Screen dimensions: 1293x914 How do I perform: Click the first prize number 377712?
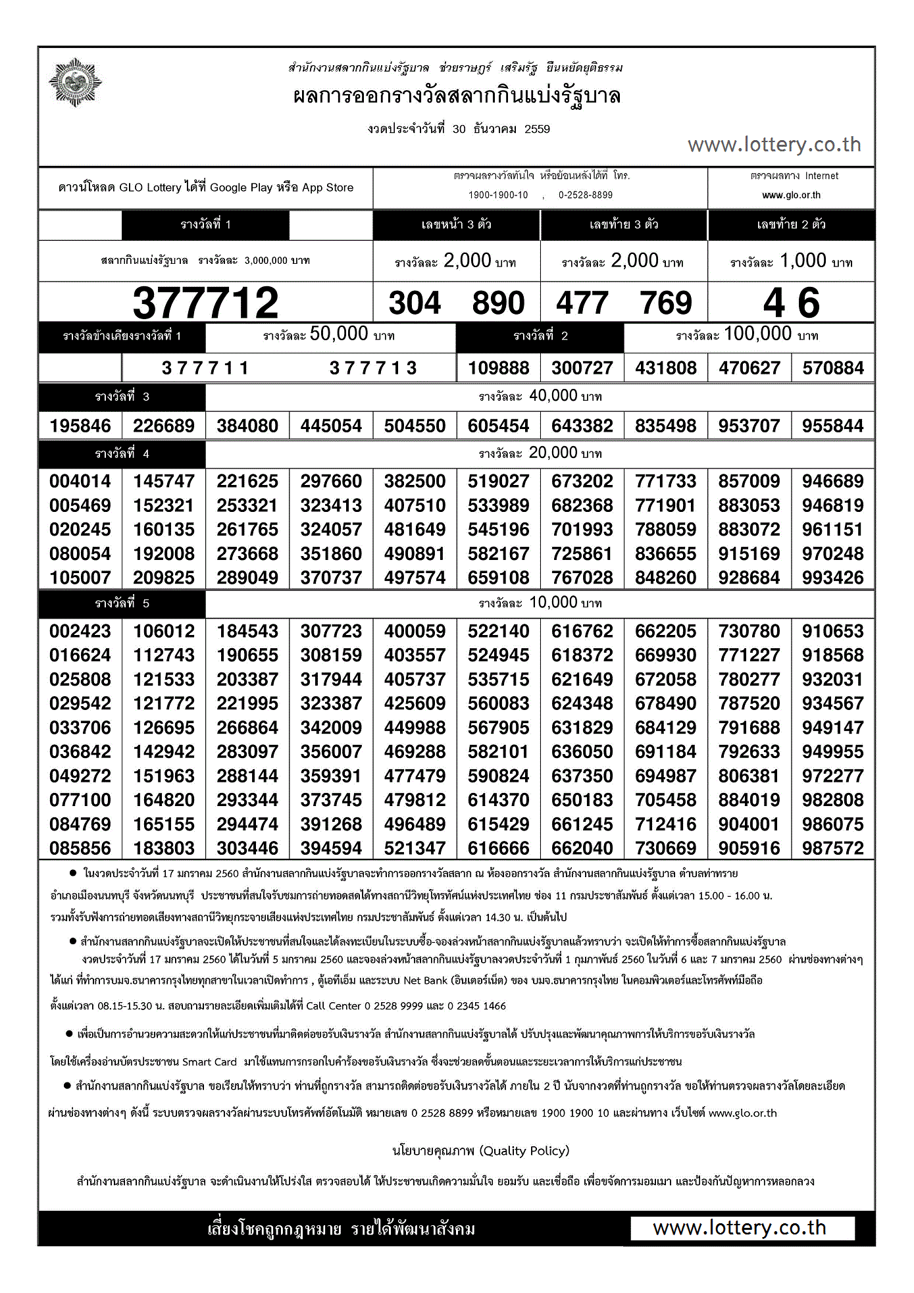(205, 303)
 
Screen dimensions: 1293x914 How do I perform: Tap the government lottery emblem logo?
(76, 83)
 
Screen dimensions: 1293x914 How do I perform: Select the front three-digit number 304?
(415, 303)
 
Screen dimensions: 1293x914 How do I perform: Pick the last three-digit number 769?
(666, 303)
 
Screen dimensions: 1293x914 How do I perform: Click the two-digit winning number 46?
(791, 303)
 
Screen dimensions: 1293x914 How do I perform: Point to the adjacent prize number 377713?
(373, 368)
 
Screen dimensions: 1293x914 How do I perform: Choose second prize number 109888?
(498, 368)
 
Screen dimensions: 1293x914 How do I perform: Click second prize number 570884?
(832, 368)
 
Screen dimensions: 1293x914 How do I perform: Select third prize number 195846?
(80, 426)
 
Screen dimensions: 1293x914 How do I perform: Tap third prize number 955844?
(832, 426)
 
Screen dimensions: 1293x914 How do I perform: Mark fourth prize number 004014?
(80, 481)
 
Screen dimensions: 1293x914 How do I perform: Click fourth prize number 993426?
(832, 578)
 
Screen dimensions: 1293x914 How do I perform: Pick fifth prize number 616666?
(498, 848)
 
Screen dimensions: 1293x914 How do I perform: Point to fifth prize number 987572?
(832, 848)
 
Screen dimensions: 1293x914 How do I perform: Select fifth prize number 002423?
(80, 631)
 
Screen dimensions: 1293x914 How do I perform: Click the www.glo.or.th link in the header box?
(791, 195)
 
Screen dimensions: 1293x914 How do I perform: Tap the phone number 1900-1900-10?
(498, 195)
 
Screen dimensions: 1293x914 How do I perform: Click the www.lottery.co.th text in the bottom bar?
(739, 1228)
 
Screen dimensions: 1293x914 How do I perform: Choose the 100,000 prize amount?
(757, 334)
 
